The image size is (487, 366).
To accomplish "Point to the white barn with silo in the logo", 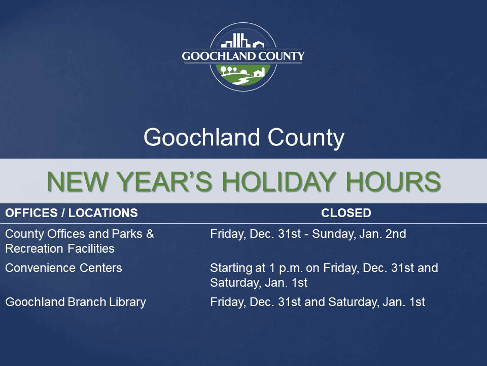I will click(259, 73).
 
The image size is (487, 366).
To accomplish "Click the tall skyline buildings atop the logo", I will click(239, 41).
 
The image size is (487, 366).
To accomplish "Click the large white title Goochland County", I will click(243, 138).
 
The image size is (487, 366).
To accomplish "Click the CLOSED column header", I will click(346, 213).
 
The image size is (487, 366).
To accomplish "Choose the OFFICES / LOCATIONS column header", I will click(72, 213).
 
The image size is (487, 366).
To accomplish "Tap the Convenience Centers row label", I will click(63, 268).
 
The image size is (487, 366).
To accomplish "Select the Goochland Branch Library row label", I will click(76, 302).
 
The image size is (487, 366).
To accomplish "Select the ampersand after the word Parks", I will click(150, 234).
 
